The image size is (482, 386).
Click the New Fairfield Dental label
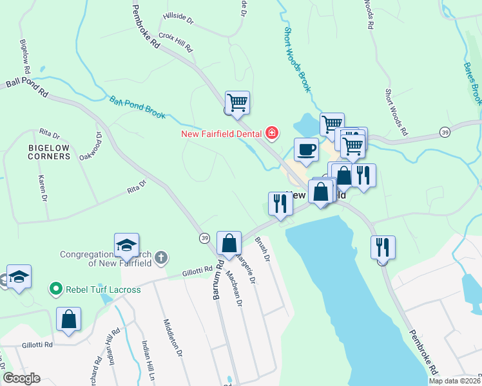[220, 134]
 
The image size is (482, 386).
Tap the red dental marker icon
[272, 133]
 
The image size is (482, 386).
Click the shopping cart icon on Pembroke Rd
[237, 102]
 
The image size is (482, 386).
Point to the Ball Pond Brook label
[137, 107]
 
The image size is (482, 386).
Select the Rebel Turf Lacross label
[103, 289]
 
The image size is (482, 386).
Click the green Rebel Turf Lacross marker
[55, 289]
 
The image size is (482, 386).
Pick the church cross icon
[161, 258]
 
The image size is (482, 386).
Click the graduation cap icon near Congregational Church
[126, 244]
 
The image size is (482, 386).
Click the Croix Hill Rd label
[176, 42]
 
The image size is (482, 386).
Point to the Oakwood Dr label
[90, 147]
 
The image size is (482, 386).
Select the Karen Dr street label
[43, 185]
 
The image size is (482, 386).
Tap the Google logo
[21, 378]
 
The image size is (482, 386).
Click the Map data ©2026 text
[454, 381]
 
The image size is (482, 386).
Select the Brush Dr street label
[261, 248]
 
